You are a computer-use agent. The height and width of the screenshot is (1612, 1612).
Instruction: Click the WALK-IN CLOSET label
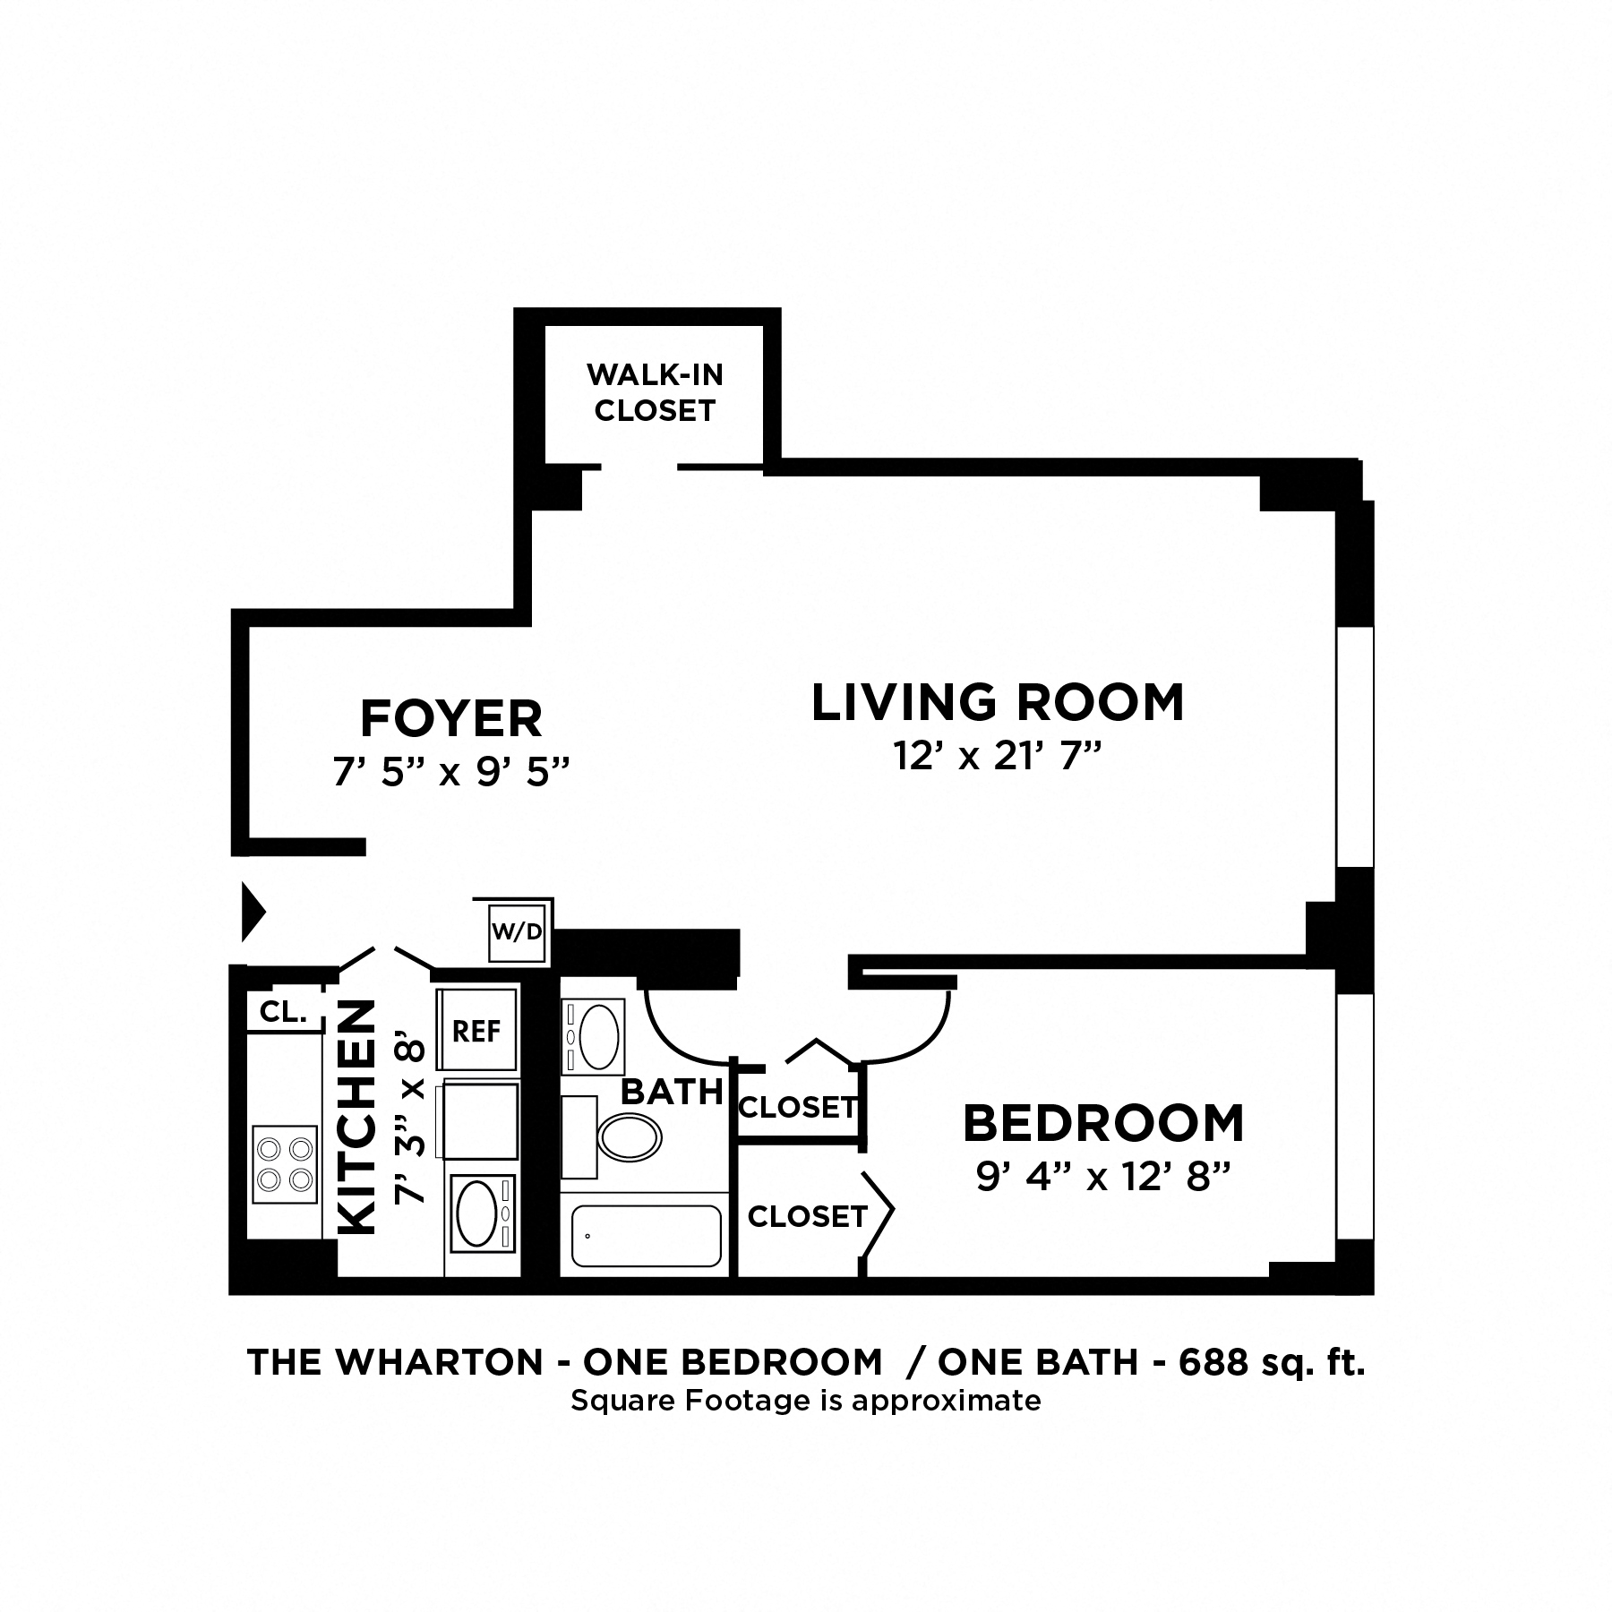click(x=655, y=392)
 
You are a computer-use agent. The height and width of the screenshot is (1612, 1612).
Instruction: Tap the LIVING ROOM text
click(x=998, y=702)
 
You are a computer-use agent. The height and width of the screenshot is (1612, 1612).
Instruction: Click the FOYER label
click(x=450, y=718)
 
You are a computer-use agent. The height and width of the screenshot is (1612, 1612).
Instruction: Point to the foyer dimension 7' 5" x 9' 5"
click(x=451, y=771)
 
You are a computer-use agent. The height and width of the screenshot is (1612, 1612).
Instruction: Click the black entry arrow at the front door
click(x=254, y=913)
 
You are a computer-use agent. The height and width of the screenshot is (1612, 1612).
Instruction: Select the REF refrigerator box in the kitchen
click(x=476, y=1031)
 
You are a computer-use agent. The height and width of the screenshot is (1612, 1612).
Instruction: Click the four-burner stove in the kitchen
click(x=285, y=1164)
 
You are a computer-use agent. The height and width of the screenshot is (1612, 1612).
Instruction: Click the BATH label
click(x=672, y=1092)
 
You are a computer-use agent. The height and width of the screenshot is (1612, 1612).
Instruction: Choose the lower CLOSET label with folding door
click(x=807, y=1216)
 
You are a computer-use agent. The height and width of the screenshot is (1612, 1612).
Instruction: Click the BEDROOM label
click(x=1103, y=1124)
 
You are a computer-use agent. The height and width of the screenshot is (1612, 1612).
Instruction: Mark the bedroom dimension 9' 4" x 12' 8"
click(x=1101, y=1179)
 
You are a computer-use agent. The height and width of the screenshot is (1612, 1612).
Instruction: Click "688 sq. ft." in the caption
click(x=1272, y=1362)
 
